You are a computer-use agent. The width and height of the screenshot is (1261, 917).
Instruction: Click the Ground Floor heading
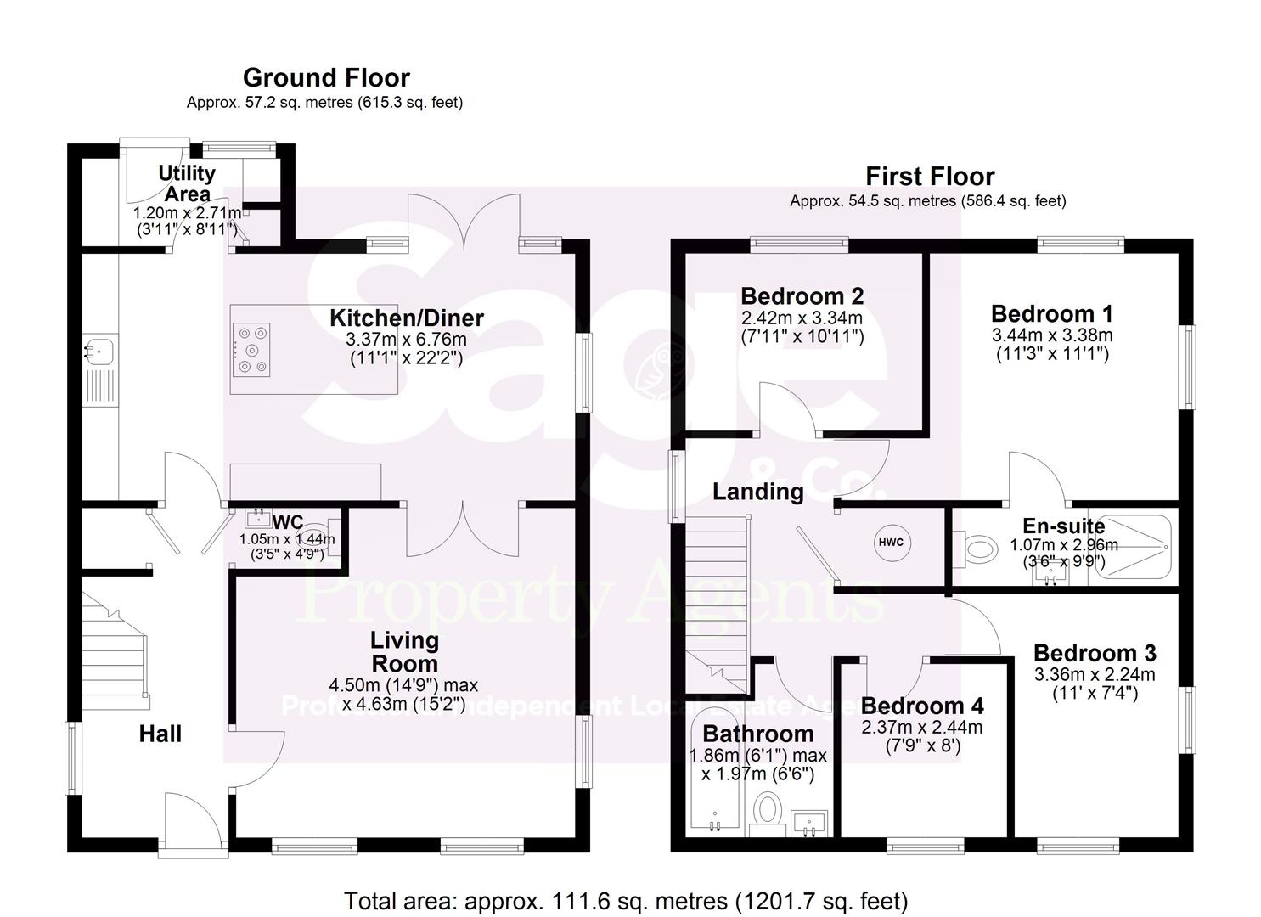click(x=326, y=78)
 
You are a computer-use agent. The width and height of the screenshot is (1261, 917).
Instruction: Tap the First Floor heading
click(x=930, y=177)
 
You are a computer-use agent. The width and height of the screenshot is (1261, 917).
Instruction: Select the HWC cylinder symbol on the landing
click(x=891, y=543)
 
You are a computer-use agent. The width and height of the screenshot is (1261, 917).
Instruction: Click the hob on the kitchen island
click(x=251, y=351)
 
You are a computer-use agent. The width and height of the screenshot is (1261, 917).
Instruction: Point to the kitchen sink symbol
click(x=100, y=349)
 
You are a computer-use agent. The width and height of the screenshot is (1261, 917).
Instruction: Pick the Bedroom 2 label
click(x=802, y=296)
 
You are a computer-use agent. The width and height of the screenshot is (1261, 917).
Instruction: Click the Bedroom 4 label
click(x=921, y=706)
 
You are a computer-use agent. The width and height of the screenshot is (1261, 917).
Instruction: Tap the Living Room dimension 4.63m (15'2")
click(x=403, y=705)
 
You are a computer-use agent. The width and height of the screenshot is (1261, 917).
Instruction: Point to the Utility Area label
click(x=187, y=183)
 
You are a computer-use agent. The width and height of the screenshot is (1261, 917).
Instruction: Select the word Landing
click(x=757, y=492)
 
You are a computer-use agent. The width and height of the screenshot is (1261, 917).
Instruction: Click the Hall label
click(x=160, y=734)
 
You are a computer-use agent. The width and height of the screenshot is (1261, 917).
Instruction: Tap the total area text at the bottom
click(x=626, y=901)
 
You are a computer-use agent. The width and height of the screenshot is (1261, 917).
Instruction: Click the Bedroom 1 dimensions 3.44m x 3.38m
click(x=1052, y=335)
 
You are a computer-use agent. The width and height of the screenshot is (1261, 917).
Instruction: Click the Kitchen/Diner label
click(x=407, y=318)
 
